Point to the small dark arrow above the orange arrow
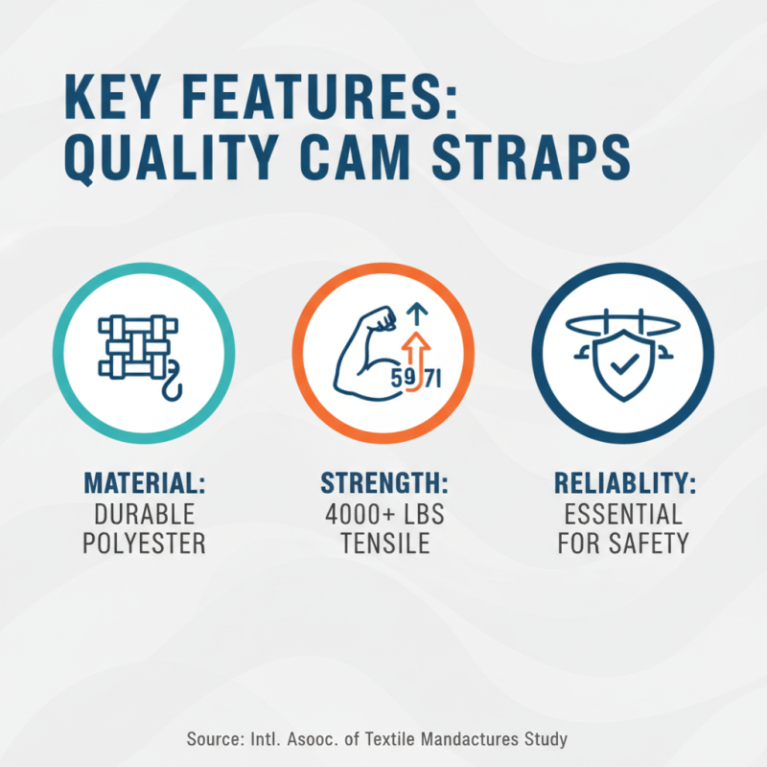[x=413, y=312]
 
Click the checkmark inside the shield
[x=622, y=364]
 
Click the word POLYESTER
[x=144, y=543]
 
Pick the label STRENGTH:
[x=383, y=481]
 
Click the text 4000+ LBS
[x=383, y=512]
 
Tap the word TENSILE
[x=383, y=543]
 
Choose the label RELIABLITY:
[x=623, y=481]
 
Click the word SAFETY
[x=651, y=543]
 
